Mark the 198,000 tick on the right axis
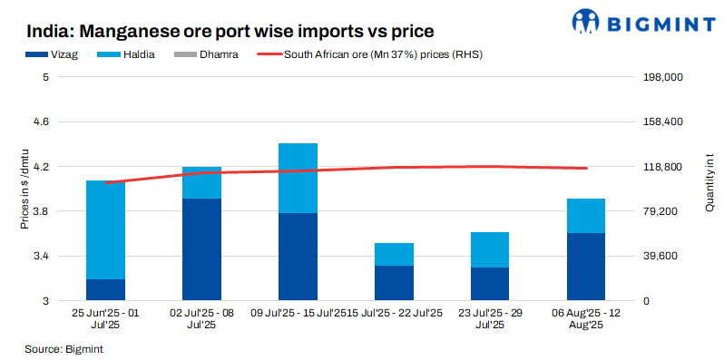click(x=661, y=78)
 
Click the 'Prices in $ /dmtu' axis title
click(x=25, y=190)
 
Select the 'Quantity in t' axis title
click(x=709, y=182)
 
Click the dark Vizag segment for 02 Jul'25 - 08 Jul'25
click(x=201, y=249)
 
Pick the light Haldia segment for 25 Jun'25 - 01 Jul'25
click(x=105, y=229)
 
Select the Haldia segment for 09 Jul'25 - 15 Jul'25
click(x=298, y=178)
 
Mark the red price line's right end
click(x=587, y=168)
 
